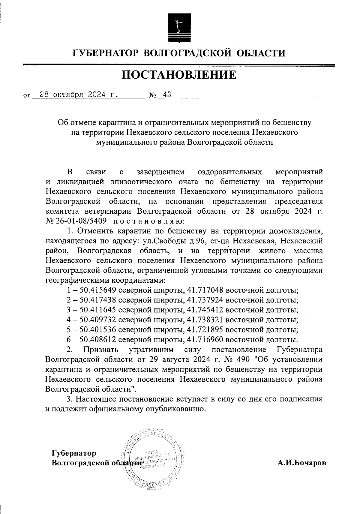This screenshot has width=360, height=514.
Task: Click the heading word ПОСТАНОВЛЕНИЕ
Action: click(179, 75)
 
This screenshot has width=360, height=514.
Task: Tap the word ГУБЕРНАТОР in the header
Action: click(106, 53)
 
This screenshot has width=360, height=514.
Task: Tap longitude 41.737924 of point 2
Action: click(205, 300)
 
